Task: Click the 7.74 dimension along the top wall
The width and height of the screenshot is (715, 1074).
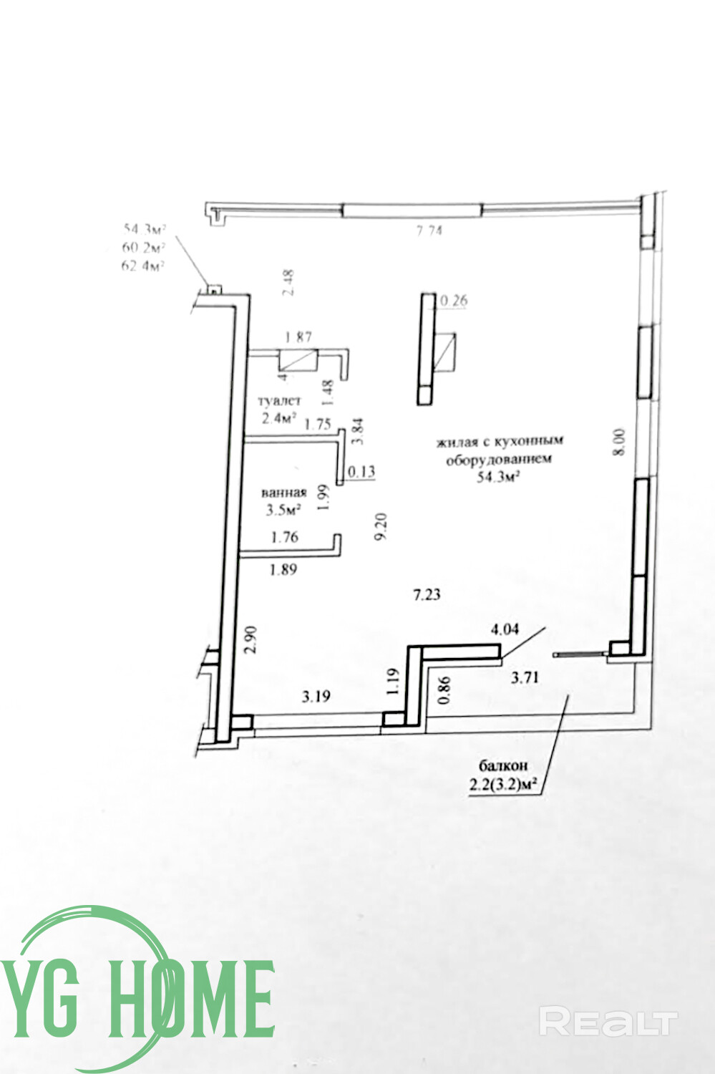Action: (x=429, y=231)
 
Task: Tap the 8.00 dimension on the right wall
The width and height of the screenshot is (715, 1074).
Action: (x=620, y=442)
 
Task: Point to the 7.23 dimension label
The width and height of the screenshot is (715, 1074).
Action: (x=427, y=594)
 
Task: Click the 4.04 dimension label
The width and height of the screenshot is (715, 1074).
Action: (x=505, y=630)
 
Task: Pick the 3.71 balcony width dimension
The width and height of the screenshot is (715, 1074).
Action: (x=524, y=677)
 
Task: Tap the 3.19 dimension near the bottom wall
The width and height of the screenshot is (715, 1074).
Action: (x=316, y=696)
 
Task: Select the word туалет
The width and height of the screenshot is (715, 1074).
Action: (x=280, y=401)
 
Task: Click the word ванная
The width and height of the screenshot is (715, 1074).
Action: (x=283, y=493)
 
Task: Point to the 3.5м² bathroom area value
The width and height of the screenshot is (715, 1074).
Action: (x=283, y=510)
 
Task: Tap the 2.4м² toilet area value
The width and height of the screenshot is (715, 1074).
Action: (x=279, y=419)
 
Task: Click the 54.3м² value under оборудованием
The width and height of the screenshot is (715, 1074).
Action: (x=498, y=477)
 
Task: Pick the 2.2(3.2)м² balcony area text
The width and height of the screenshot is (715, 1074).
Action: (x=503, y=785)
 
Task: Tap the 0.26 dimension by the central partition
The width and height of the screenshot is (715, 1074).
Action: (x=454, y=301)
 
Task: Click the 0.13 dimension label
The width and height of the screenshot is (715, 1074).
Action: (x=361, y=471)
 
